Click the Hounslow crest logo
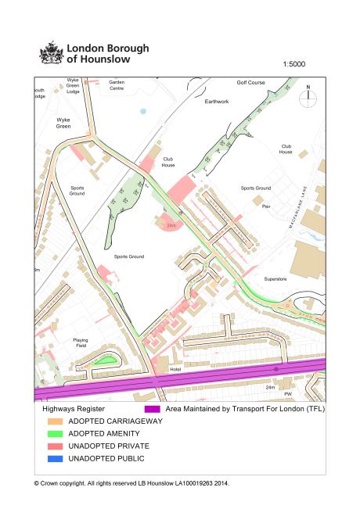tap(52, 52)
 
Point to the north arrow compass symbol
tap(308, 95)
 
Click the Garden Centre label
tap(117, 84)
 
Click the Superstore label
tap(277, 278)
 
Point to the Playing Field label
tap(81, 342)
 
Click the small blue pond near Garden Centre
tap(142, 111)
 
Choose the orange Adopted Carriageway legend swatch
tap(52, 421)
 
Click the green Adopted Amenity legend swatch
tap(52, 433)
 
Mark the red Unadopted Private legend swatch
tap(52, 446)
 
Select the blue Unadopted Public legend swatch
tap(52, 458)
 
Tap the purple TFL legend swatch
tap(152, 408)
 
